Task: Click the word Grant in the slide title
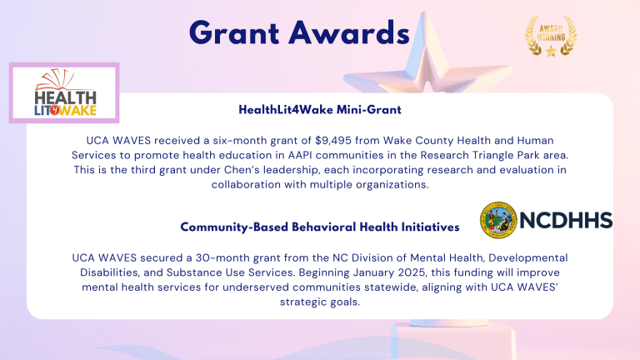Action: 234,33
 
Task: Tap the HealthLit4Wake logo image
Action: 65,92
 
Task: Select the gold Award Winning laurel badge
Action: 549,37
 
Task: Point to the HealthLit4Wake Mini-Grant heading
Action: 320,110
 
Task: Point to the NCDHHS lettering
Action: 566,220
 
